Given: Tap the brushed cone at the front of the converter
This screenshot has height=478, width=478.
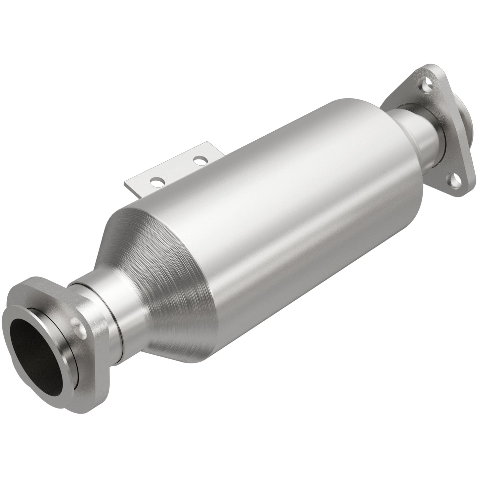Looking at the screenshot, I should click(159, 284).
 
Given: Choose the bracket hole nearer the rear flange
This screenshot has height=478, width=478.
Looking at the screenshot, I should click(199, 161).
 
